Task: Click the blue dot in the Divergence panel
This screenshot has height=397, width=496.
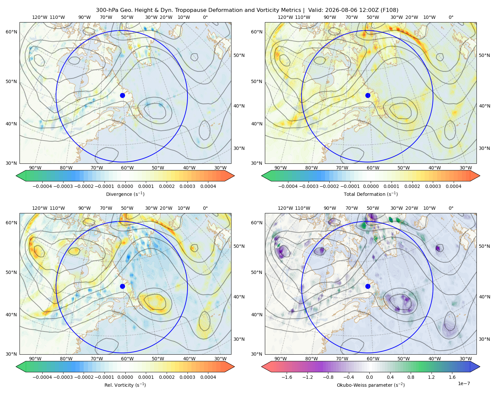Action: (122, 95)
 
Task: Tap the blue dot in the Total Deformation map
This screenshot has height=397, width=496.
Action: (368, 95)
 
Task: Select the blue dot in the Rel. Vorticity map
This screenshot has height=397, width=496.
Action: (122, 286)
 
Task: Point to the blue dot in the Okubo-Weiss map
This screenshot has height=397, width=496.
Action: (368, 286)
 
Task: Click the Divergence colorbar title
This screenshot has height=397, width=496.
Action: (125, 194)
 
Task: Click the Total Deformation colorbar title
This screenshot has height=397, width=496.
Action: (371, 194)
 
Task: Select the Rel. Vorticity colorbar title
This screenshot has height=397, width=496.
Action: (125, 385)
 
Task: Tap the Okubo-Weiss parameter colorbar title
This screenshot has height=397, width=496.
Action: (371, 385)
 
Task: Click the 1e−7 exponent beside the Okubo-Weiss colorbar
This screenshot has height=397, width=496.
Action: (464, 383)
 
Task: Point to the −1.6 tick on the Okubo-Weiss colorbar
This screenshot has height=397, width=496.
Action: (287, 377)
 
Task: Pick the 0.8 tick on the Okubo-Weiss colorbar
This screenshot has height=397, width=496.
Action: (411, 377)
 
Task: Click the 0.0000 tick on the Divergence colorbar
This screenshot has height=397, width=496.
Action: (125, 186)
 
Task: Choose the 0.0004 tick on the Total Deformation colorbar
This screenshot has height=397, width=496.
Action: (453, 186)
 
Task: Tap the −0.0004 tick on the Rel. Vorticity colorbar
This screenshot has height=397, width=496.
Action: (42, 377)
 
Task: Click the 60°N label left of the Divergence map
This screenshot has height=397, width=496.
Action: (11, 32)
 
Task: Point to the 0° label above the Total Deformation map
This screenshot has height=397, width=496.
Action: (451, 17)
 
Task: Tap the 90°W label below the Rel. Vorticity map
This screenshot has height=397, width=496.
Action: (35, 359)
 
